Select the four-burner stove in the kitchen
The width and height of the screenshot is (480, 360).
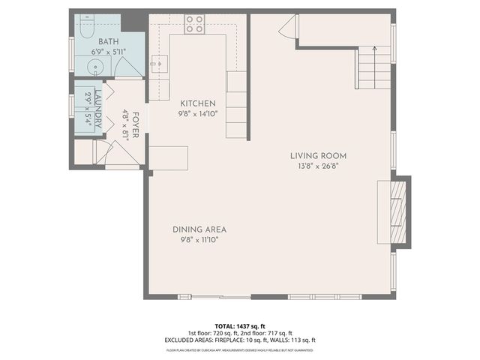coord(195,24)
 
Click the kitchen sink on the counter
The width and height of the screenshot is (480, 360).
coord(158,64)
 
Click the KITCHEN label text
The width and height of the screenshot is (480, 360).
coord(198,103)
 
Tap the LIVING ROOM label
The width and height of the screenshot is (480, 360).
coord(319,156)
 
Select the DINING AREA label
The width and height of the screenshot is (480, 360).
coord(199,229)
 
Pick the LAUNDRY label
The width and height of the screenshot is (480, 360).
coord(97,112)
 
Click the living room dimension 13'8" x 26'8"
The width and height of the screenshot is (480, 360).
coord(319,166)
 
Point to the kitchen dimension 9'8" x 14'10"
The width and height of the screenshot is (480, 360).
coord(198,114)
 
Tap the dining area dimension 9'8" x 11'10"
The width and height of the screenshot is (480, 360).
coord(199,240)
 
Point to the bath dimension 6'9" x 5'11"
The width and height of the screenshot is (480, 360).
coord(109,52)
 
